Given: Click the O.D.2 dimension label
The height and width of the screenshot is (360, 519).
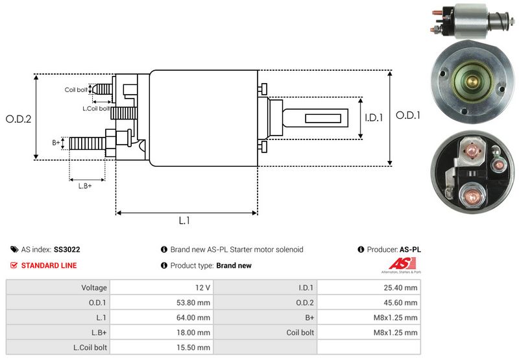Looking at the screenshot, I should point(19,119).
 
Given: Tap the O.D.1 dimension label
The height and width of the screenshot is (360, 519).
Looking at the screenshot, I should point(409,115).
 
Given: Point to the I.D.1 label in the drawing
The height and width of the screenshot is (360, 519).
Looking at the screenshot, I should point(375,118).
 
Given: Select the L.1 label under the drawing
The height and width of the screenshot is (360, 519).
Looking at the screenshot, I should point(184,221).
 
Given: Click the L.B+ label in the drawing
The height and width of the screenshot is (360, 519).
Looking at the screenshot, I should point(85,186).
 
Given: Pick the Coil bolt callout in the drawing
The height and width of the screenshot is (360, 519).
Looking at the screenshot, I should point(76,90).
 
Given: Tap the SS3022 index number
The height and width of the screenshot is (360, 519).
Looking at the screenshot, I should point(67,249).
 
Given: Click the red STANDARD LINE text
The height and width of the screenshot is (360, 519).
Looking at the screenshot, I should point(49,265).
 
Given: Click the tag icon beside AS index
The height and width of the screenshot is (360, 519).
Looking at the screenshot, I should point(14,249).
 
